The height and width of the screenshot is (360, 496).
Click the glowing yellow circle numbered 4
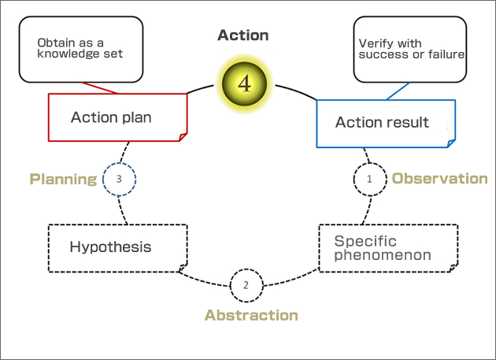pyautogui.click(x=244, y=84)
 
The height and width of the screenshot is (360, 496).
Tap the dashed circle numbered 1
pyautogui.click(x=369, y=179)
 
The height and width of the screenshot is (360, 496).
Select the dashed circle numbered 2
pyautogui.click(x=246, y=285)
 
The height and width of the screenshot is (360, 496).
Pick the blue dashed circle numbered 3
pyautogui.click(x=119, y=179)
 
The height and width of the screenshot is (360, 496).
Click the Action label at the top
pyautogui.click(x=243, y=35)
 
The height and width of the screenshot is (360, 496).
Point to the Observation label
pyautogui.click(x=439, y=179)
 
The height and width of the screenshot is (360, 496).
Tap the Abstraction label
pyautogui.click(x=251, y=315)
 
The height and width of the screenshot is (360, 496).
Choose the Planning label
pyautogui.click(x=63, y=180)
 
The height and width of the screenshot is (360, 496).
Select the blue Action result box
pyautogui.click(x=385, y=122)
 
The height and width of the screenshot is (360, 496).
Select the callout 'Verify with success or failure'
pyautogui.click(x=409, y=50)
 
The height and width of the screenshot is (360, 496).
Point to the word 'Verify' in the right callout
pyautogui.click(x=374, y=44)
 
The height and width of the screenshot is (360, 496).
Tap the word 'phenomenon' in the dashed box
pyautogui.click(x=383, y=255)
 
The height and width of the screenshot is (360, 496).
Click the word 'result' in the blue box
pyautogui.click(x=410, y=122)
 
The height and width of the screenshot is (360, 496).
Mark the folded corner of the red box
pyautogui.click(x=182, y=136)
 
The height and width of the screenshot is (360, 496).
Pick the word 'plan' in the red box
pyautogui.click(x=135, y=117)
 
